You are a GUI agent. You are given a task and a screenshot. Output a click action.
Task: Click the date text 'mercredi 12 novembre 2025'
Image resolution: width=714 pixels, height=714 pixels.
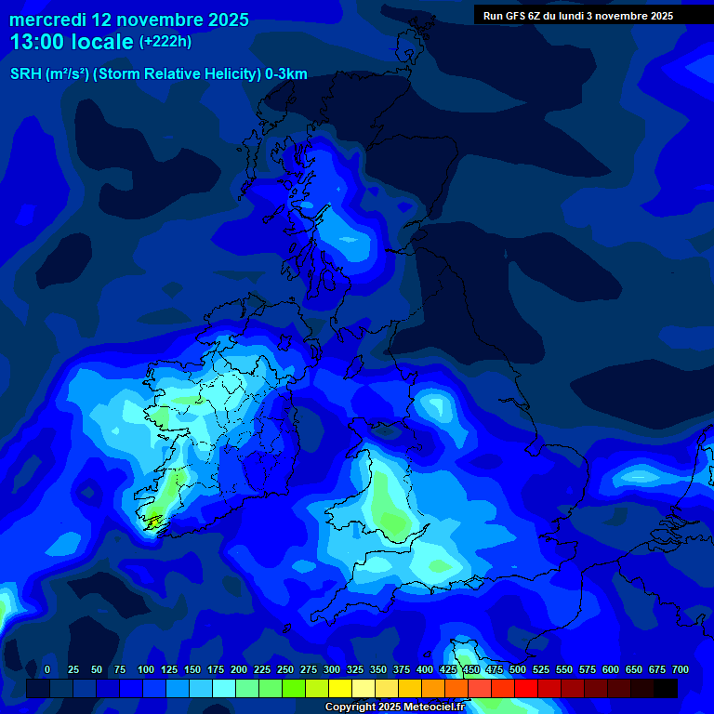(129, 20)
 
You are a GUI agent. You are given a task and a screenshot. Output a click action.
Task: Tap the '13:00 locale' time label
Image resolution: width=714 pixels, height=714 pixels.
(72, 42)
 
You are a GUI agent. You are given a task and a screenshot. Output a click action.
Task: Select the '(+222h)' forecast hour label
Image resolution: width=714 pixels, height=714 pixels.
(165, 42)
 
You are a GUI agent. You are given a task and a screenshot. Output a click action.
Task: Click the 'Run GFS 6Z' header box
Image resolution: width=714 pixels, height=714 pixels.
(578, 15)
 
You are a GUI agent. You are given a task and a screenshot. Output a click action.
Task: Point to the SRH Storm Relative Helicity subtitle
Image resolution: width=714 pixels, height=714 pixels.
(159, 74)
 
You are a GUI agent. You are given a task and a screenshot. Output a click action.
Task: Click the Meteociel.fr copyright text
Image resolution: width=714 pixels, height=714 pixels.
(394, 707)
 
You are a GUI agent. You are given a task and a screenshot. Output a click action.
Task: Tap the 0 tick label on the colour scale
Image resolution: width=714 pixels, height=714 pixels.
(47, 669)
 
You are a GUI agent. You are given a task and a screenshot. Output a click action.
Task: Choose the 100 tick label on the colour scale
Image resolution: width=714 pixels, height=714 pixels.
(146, 669)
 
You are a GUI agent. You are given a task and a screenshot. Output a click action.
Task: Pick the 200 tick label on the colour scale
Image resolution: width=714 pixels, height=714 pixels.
(239, 669)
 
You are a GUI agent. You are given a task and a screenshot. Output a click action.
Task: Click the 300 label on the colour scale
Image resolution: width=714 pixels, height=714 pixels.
(332, 669)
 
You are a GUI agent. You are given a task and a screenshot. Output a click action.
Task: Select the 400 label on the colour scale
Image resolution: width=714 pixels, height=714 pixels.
(425, 669)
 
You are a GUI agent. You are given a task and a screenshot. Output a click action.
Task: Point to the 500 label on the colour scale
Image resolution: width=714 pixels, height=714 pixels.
(518, 669)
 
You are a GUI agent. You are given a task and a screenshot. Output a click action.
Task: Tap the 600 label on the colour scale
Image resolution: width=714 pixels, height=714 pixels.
(611, 669)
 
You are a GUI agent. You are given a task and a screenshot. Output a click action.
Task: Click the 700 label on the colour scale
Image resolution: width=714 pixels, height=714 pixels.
(681, 669)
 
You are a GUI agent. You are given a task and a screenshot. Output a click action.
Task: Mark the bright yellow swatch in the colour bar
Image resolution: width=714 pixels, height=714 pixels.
(340, 689)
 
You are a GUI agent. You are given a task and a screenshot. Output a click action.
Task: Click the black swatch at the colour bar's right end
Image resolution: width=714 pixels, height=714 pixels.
(666, 689)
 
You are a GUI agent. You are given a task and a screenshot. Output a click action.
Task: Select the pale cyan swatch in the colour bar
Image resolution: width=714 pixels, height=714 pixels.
(224, 689)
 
